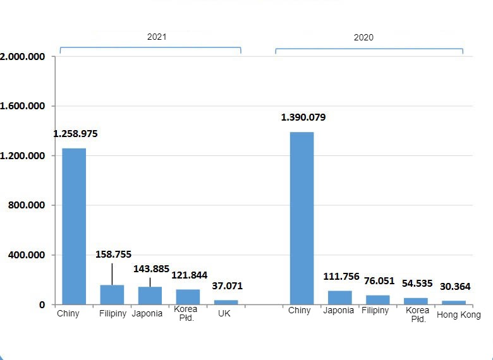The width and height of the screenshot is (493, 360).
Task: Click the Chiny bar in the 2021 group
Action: [74, 226]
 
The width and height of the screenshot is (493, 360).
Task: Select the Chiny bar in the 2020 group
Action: [301, 218]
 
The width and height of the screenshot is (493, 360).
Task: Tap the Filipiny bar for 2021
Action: [112, 295]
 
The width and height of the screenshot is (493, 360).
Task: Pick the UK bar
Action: [226, 303]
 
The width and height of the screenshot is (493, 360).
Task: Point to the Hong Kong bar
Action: [453, 303]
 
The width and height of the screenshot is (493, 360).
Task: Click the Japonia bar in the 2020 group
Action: [339, 297]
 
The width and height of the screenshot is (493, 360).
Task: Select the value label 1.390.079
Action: [303, 117]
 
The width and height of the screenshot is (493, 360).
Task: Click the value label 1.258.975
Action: [75, 134]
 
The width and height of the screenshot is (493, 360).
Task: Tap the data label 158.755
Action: [114, 255]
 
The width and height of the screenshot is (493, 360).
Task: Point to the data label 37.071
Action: [227, 286]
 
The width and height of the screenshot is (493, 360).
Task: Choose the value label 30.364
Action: [454, 287]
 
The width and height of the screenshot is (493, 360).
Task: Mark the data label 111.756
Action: [341, 277]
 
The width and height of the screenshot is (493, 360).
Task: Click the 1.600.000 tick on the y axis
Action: [23, 106]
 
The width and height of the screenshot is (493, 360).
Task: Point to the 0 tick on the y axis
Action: [42, 304]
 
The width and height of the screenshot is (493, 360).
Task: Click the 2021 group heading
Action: [157, 37]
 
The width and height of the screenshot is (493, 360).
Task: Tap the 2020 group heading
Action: [363, 37]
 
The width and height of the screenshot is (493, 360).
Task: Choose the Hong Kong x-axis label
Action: [459, 315]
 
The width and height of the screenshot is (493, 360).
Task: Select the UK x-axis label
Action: [224, 313]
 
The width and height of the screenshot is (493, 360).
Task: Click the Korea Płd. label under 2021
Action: [186, 313]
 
